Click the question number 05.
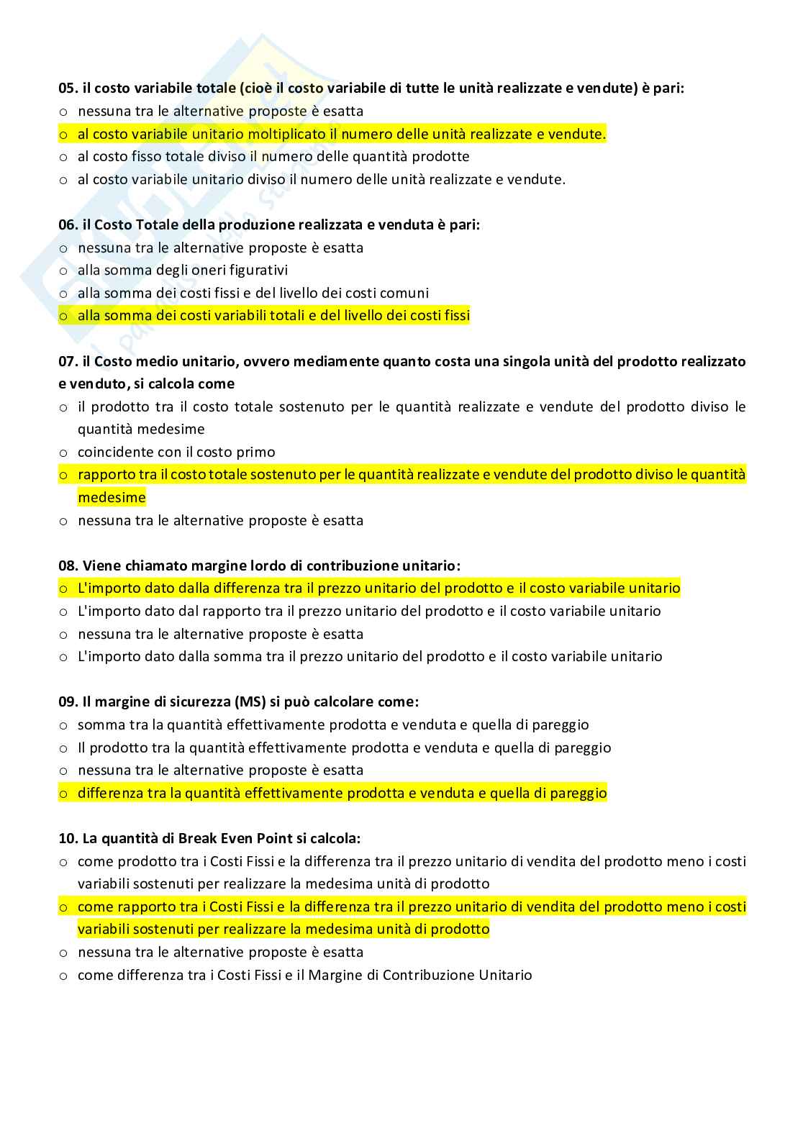pyautogui.click(x=68, y=88)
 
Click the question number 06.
pyautogui.click(x=68, y=224)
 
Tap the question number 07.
pyautogui.click(x=68, y=361)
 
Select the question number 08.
pyautogui.click(x=68, y=565)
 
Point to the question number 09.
pyautogui.click(x=68, y=701)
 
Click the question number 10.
pyautogui.click(x=67, y=838)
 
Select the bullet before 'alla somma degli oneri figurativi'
pyautogui.click(x=63, y=271)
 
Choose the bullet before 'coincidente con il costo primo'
pyautogui.click(x=63, y=453)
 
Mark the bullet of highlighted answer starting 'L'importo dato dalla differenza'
pyautogui.click(x=63, y=589)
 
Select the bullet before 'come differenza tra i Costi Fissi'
pyautogui.click(x=63, y=976)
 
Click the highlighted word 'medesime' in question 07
pyautogui.click(x=112, y=498)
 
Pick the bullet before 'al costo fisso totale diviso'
pyautogui.click(x=63, y=157)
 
